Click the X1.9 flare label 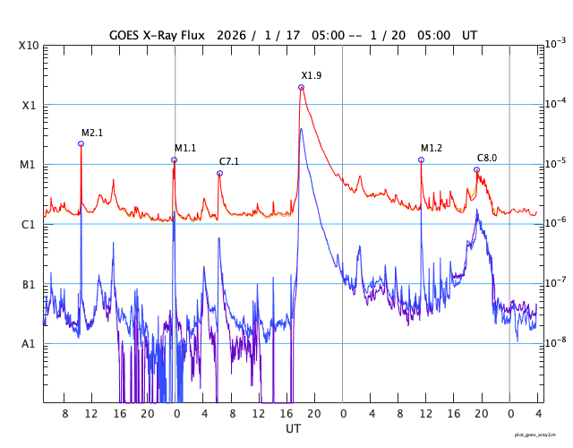312,75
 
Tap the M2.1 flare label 92,133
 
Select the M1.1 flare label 185,148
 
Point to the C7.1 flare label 229,161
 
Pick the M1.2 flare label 432,148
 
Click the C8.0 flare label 487,158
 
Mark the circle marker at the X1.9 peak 301,87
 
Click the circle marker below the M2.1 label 81,143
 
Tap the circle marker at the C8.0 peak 476,169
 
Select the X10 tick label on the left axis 28,46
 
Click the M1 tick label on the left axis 28,165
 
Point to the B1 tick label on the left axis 28,285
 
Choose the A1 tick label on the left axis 28,344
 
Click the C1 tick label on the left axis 28,225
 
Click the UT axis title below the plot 293,429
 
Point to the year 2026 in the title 238,34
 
